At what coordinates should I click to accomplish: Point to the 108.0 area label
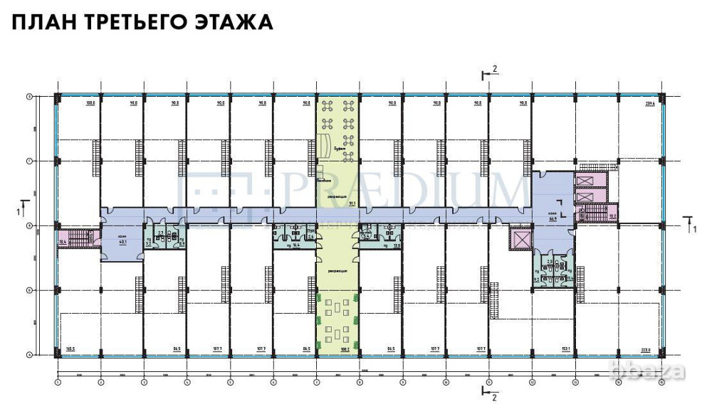click(x=90, y=104)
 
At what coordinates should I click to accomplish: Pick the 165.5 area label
click(x=70, y=349)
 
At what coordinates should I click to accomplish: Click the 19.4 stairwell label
click(x=63, y=243)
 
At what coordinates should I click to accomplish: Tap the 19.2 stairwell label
click(x=612, y=214)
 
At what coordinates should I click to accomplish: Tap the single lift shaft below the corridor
click(x=522, y=239)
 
